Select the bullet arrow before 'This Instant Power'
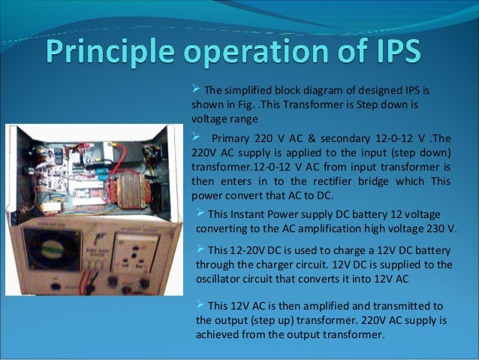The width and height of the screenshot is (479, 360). (200, 212)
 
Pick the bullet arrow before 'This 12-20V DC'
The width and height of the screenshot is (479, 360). (200, 249)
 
